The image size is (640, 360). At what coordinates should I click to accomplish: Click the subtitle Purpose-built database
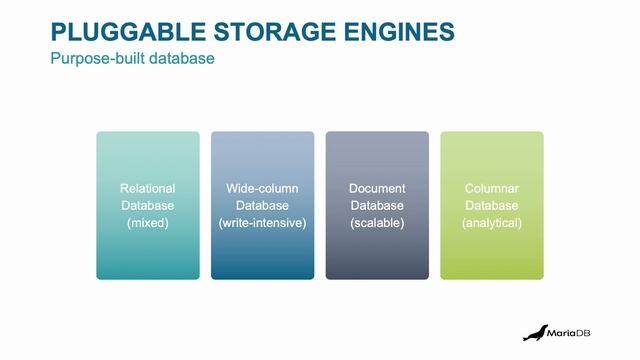[132, 58]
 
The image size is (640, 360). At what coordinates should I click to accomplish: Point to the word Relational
[147, 188]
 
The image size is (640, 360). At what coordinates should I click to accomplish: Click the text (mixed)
[147, 223]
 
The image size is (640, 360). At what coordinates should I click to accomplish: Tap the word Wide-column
[262, 188]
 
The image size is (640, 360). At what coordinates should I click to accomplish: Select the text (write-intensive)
[262, 223]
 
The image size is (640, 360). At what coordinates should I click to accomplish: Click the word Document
[377, 188]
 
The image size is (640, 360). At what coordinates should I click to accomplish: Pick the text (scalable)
[377, 223]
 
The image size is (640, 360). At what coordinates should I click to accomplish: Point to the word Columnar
[492, 188]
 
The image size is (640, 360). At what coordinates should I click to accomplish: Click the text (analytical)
[492, 223]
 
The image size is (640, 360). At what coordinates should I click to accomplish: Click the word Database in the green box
[492, 206]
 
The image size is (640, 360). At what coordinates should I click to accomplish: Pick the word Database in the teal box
[147, 206]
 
